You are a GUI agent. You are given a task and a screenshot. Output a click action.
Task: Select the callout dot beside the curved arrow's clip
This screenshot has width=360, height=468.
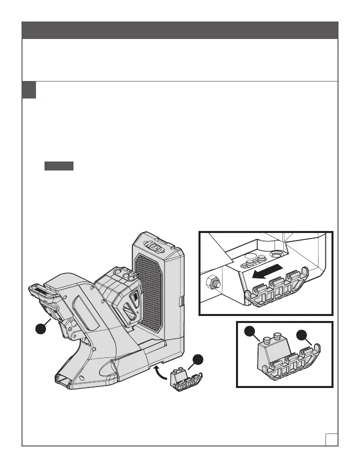pos(198,359)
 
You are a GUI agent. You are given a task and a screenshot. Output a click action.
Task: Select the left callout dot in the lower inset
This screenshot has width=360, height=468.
pos(248,332)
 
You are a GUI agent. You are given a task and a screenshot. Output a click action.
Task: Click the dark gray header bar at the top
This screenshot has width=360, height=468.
pos(180,29)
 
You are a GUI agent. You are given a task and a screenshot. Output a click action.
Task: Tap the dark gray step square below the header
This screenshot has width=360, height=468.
pos(29,90)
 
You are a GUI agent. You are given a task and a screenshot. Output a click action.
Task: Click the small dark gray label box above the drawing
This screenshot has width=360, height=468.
pos(59,166)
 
